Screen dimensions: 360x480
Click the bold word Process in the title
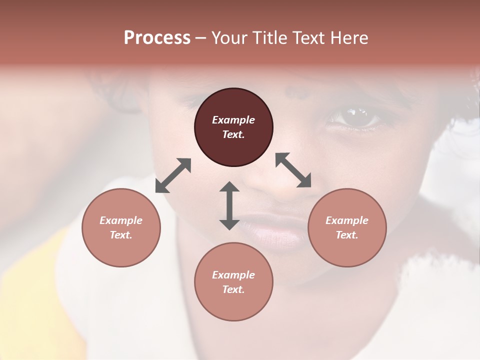pyautogui.click(x=157, y=38)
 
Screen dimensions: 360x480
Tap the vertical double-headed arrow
pyautogui.click(x=229, y=205)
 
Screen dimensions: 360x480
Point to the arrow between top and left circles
pyautogui.click(x=173, y=175)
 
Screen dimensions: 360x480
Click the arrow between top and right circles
pyautogui.click(x=293, y=170)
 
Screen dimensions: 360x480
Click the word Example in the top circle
pyautogui.click(x=233, y=120)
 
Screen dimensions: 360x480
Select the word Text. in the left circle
pyautogui.click(x=121, y=235)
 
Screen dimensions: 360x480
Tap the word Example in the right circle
pyautogui.click(x=347, y=220)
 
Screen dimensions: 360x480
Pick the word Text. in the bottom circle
pyautogui.click(x=233, y=289)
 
